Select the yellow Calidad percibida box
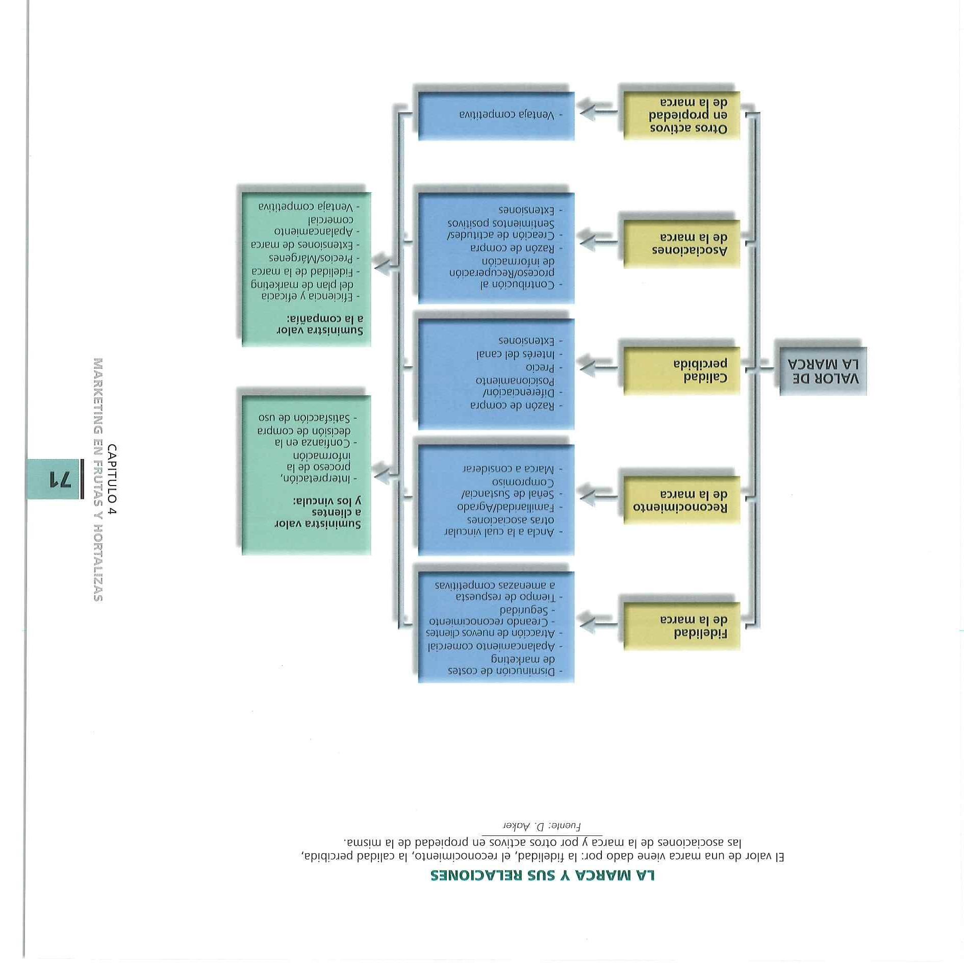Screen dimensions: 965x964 click(x=681, y=371)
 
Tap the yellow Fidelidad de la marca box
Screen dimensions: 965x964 click(x=681, y=626)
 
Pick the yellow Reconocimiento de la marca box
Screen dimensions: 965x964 click(x=681, y=500)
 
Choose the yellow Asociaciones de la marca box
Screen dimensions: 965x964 click(x=681, y=244)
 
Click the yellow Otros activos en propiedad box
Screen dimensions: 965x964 click(x=681, y=115)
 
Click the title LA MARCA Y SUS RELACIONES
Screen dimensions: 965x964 click(x=542, y=875)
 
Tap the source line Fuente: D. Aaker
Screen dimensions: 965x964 click(x=542, y=825)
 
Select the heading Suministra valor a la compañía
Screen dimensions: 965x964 click(x=320, y=325)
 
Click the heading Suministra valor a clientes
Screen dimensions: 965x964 click(x=319, y=512)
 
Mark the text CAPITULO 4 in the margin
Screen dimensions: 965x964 click(x=112, y=479)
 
